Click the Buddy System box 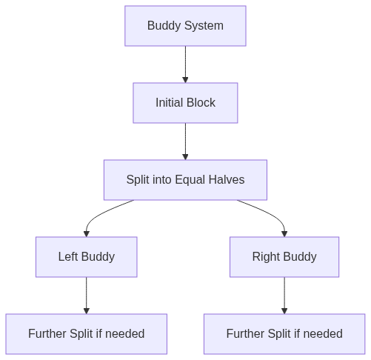point(185,26)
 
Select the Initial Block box point(185,103)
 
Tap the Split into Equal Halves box point(185,180)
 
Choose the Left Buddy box point(87,257)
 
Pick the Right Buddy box point(284,257)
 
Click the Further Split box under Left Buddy point(87,334)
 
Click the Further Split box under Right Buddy point(284,334)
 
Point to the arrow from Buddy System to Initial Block point(185,64)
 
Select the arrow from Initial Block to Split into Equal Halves point(185,141)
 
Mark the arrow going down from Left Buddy point(87,296)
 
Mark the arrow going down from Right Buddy point(284,296)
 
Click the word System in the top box point(204,26)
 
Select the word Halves point(227,179)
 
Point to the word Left point(68,256)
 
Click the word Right point(266,257)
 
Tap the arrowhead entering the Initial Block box point(185,80)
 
